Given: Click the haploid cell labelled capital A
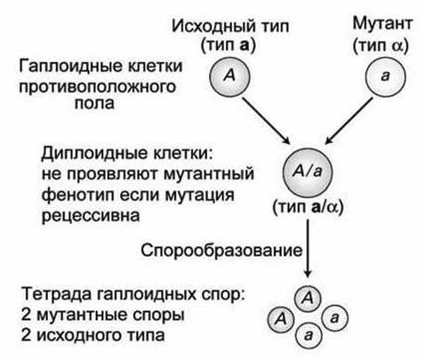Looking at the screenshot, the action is point(229,76).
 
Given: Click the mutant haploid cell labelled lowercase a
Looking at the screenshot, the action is point(385,76).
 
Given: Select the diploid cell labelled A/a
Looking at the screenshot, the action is point(308,172).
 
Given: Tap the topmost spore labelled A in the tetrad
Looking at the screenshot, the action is point(308,299).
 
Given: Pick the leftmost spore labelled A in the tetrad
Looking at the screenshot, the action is point(281,319).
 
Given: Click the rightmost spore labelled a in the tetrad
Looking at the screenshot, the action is point(334,318).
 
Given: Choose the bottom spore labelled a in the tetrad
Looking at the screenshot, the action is point(308,335).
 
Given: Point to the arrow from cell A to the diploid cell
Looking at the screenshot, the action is point(266,121).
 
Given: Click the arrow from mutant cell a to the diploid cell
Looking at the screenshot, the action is point(348,121).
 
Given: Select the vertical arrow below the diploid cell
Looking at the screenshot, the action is point(308,248).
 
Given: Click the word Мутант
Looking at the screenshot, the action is point(382,23).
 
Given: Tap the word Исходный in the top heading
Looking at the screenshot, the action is point(209,26).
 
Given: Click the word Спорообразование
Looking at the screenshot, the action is point(221,251).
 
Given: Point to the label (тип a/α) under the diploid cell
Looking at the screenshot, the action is point(308,207).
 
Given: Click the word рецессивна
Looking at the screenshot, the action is point(91,215).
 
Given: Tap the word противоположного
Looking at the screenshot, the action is point(98,87).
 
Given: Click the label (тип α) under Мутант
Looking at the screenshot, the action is point(380,46).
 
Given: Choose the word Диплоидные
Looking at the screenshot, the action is point(95,154).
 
